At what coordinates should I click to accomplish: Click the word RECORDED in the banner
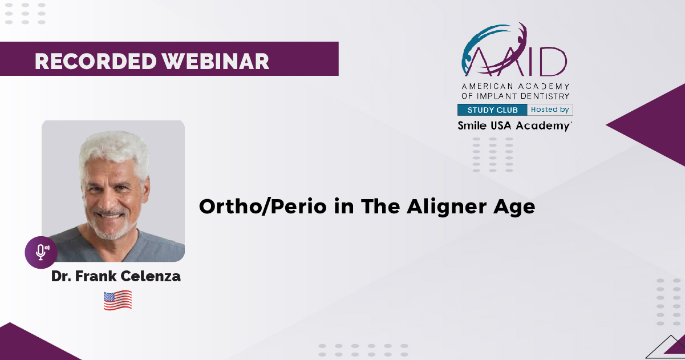[96, 62]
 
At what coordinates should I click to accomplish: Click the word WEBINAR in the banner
[216, 62]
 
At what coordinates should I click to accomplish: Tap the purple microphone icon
[41, 252]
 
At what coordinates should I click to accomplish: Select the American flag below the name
[117, 300]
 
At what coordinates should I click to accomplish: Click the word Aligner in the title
[447, 207]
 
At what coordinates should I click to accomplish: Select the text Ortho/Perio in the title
[263, 207]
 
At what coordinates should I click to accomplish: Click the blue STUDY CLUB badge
[492, 110]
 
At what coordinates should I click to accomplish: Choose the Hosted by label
[550, 110]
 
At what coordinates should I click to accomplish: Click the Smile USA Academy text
[514, 126]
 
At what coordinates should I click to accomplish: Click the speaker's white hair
[115, 150]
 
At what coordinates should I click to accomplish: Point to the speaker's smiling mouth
[110, 215]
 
